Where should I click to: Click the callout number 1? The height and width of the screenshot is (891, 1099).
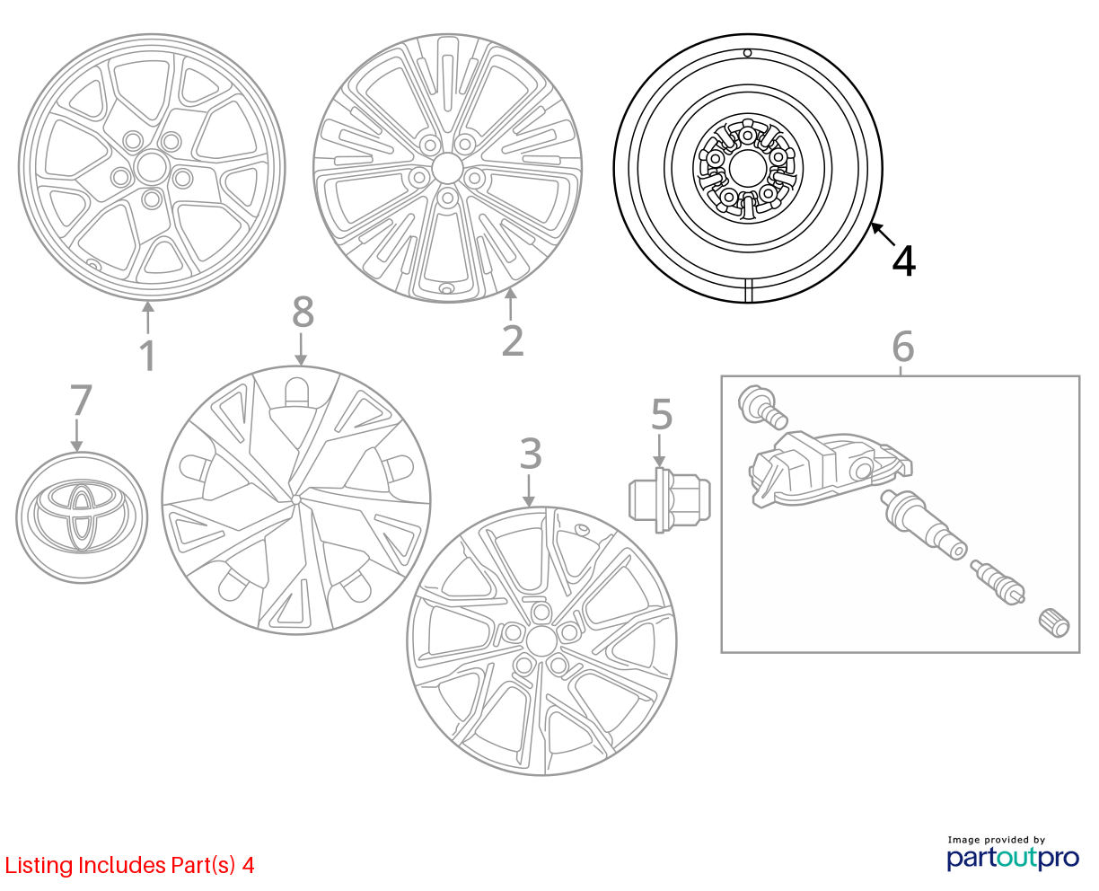point(147,356)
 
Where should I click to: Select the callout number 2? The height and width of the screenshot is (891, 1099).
point(513,340)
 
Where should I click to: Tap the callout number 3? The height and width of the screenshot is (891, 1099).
point(531,454)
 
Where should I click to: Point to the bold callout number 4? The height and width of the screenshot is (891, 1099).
point(903,260)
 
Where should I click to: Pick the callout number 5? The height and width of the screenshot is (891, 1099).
point(662,414)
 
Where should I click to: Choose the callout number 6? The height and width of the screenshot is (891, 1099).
point(903,347)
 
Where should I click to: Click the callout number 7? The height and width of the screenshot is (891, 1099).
point(81,399)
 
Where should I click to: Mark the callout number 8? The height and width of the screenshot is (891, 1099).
point(303,312)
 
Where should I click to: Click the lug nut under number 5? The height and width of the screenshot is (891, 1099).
point(669,499)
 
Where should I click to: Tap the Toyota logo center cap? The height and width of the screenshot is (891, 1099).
point(82,517)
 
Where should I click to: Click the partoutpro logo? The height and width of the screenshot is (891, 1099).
point(1013,857)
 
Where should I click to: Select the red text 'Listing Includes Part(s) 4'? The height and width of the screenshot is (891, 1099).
point(129,865)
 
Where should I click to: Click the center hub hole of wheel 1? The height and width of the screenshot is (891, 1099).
point(151,167)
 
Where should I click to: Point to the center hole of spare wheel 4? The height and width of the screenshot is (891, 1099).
point(747,168)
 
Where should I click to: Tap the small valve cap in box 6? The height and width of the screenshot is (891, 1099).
point(1053,623)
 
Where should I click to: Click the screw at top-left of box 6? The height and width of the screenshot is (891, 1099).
point(762,407)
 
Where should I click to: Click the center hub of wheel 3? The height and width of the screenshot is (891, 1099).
point(541,641)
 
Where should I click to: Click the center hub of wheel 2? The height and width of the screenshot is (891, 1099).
point(447,168)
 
